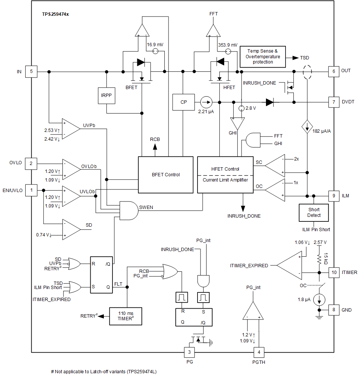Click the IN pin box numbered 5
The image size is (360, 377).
(31, 71)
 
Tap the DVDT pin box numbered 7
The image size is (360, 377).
(334, 102)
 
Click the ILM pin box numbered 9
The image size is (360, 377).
(334, 196)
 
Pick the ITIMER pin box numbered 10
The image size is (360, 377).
(334, 272)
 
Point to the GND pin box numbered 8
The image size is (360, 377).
(334, 310)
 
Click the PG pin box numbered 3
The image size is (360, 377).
(190, 353)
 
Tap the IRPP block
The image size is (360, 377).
(106, 95)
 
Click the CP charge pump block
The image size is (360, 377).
(184, 102)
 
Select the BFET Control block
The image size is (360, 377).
(166, 174)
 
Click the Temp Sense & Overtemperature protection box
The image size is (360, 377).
(263, 57)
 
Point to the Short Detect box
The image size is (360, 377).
(314, 212)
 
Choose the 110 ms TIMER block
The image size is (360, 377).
(126, 316)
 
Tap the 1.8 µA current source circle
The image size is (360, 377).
(319, 300)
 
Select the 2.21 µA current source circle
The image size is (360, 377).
(206, 102)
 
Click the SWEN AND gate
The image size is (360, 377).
(129, 210)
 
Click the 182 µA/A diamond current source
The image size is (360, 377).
(307, 127)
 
